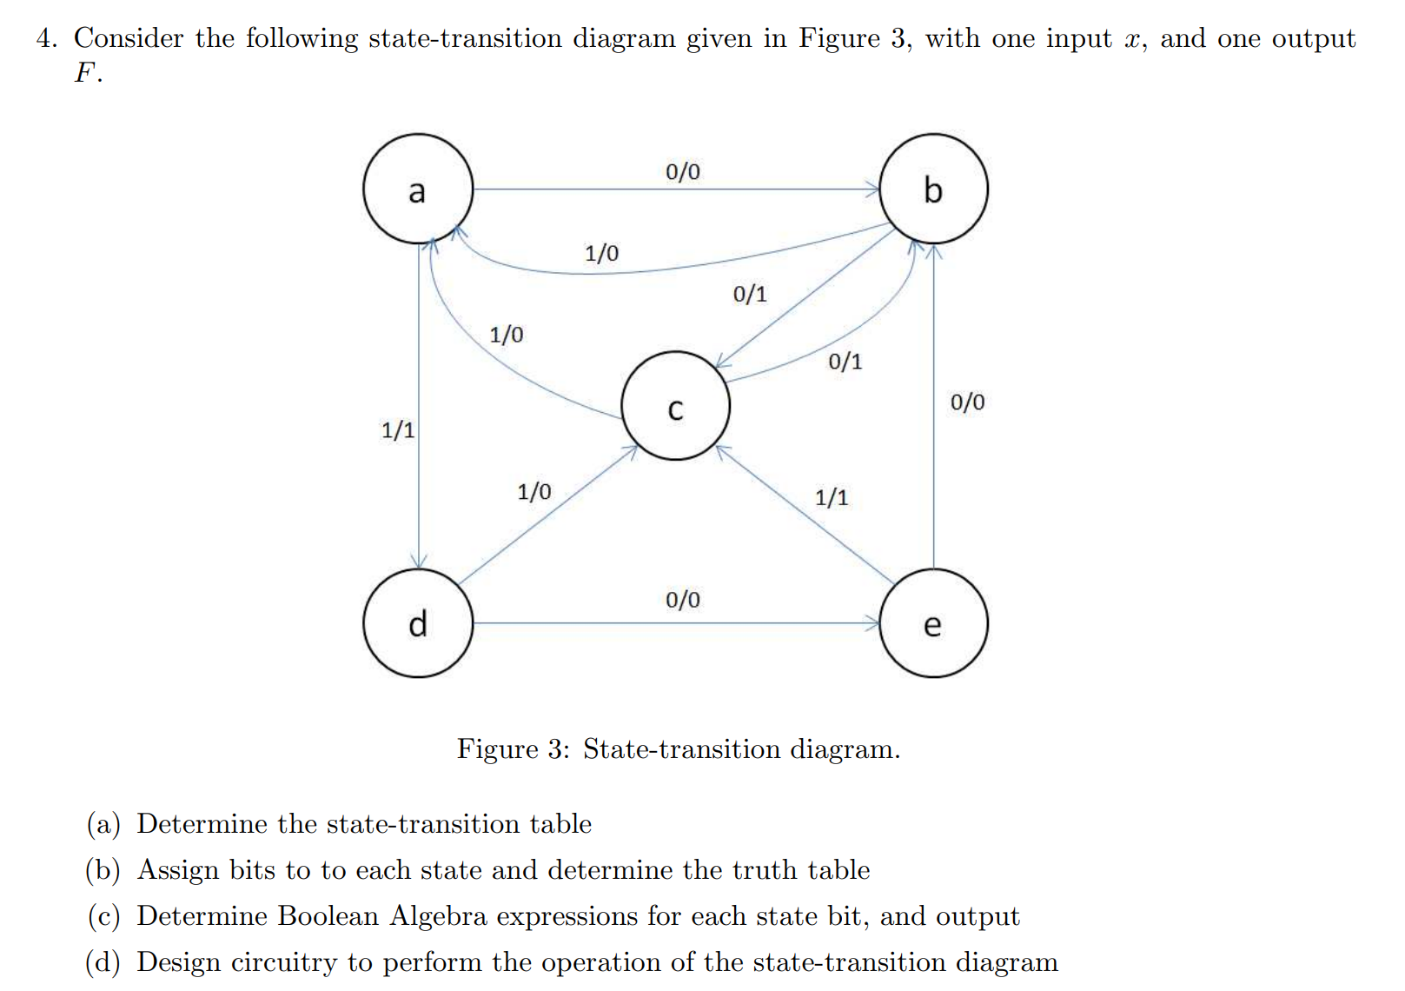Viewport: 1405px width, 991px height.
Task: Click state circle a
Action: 418,189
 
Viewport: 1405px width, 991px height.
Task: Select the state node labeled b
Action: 933,189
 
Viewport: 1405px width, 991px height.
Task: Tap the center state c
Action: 675,406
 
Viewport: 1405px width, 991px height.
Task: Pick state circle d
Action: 418,623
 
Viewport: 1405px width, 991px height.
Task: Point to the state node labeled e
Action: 933,623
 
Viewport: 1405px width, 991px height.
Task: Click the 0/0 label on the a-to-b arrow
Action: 683,171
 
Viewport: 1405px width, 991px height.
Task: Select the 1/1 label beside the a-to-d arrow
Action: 398,429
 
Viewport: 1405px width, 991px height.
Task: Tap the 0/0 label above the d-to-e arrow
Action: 683,599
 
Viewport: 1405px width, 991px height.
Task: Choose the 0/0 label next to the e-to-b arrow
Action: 967,402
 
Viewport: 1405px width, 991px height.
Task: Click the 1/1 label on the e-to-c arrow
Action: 832,497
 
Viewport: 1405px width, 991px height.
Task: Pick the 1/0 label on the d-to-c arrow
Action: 534,492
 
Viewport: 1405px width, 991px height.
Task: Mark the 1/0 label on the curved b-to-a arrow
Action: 601,253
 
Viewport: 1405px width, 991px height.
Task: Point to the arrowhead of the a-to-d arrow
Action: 419,563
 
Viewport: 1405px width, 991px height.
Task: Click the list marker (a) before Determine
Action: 103,824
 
